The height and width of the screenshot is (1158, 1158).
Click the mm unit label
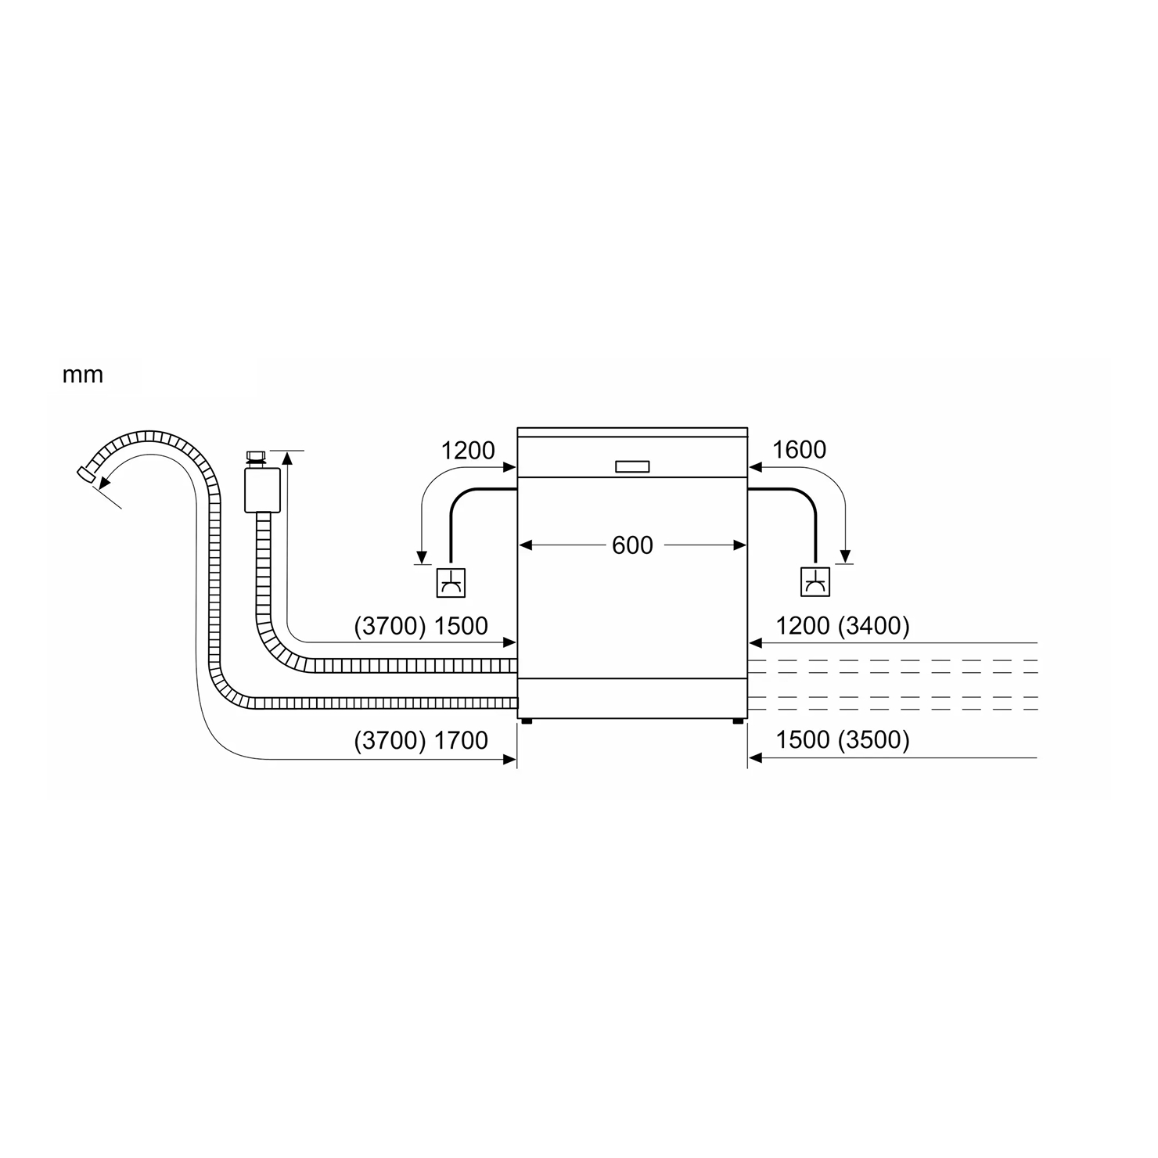[83, 376]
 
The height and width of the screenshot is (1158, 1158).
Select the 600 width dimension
[632, 545]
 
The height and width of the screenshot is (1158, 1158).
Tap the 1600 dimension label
[799, 450]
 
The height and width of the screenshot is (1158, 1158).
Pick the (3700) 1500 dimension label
[421, 626]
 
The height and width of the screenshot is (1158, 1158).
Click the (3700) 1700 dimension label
[421, 740]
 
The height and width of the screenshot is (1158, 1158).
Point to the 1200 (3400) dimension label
[843, 626]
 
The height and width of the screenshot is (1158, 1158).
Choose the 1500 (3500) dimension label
[843, 740]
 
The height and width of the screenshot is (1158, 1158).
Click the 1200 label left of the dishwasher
[468, 450]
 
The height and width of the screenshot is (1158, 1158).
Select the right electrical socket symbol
[815, 581]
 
